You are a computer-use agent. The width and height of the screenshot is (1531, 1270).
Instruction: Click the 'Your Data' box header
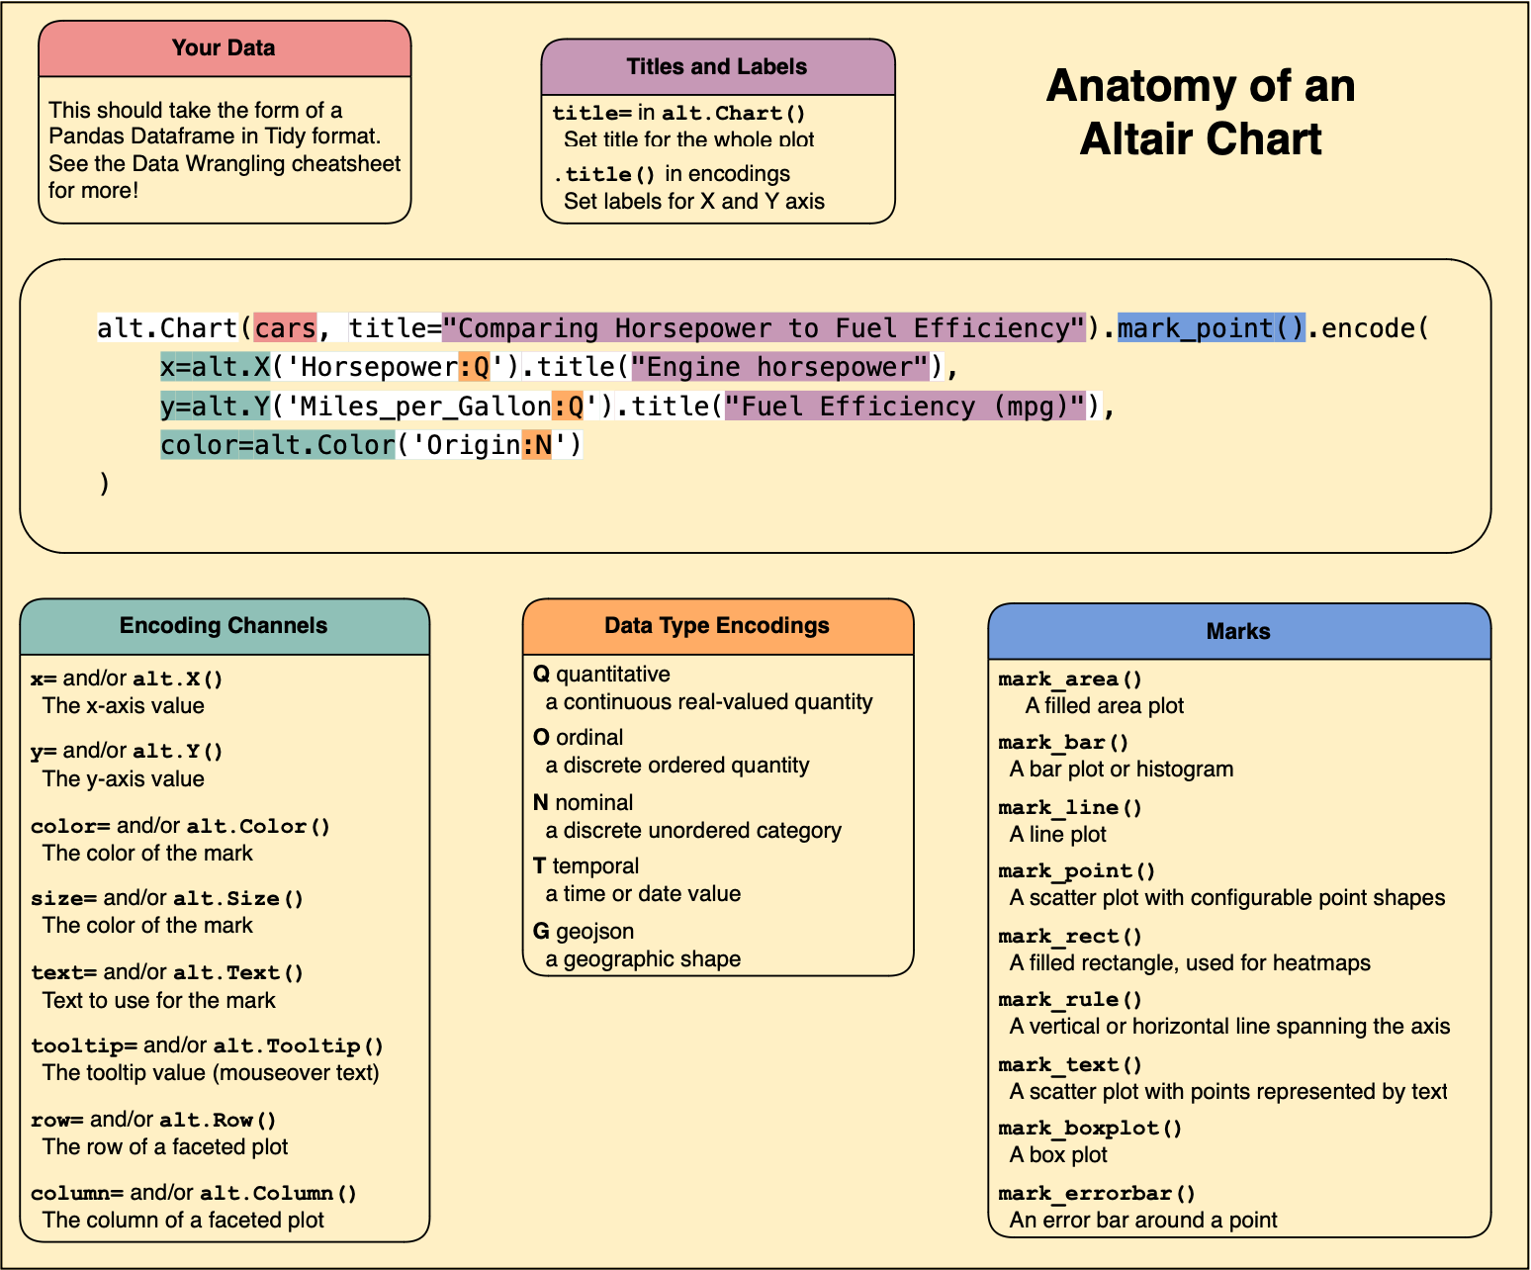click(x=225, y=48)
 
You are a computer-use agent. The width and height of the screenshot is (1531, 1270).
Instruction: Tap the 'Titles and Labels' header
click(x=717, y=67)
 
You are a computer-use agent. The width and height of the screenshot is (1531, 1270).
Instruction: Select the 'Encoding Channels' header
click(x=224, y=626)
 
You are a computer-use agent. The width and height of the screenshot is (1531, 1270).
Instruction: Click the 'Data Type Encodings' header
click(x=717, y=626)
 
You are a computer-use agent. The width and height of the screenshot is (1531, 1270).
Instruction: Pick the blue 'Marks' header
click(x=1238, y=632)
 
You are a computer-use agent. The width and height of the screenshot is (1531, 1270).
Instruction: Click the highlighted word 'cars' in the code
click(x=285, y=328)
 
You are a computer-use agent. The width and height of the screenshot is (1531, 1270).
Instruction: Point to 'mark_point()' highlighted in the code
click(x=1212, y=328)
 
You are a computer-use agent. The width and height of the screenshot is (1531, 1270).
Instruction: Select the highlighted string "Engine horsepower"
click(x=780, y=368)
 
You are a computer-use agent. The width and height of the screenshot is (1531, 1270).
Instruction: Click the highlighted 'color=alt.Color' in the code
click(x=277, y=445)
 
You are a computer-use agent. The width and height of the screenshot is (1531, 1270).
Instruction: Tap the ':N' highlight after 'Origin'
click(x=536, y=445)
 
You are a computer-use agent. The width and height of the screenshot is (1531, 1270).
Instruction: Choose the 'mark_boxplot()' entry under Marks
click(x=1090, y=1129)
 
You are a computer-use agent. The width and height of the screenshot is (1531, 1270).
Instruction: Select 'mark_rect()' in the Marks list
click(x=1070, y=937)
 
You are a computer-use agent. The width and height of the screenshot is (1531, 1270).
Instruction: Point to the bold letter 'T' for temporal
click(x=539, y=866)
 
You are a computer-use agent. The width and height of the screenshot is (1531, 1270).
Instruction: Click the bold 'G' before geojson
click(x=541, y=932)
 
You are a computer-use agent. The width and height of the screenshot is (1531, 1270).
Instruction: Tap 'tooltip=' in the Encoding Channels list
click(x=84, y=1046)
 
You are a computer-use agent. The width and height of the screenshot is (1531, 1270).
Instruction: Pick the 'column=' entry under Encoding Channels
click(x=77, y=1194)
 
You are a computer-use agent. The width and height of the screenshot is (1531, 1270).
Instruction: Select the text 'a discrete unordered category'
click(x=693, y=831)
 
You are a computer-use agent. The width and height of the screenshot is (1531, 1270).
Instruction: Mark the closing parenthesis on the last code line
click(x=104, y=484)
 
